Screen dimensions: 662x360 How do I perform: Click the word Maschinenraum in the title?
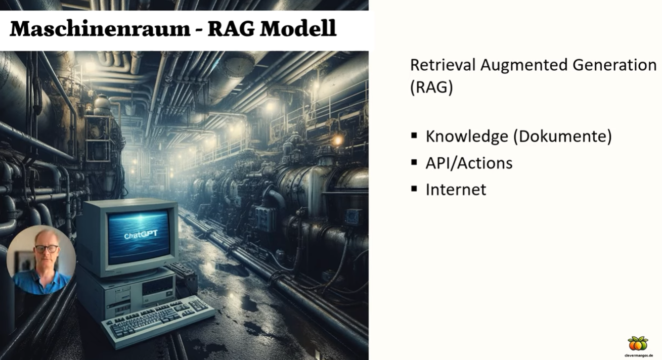pos(100,29)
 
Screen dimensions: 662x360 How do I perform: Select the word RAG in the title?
pos(231,29)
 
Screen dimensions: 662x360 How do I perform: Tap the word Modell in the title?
pos(298,29)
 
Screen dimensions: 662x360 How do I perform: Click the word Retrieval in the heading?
pos(443,65)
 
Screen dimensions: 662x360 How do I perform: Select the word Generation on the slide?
pos(614,65)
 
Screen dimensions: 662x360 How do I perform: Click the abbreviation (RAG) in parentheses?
pos(431,87)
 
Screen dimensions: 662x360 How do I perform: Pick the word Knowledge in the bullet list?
pos(467,137)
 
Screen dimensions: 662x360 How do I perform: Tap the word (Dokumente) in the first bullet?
pos(563,137)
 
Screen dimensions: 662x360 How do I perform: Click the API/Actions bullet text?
pos(469,163)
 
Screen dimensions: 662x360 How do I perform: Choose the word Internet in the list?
pos(456,190)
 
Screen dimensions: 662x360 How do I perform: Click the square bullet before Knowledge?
pos(414,136)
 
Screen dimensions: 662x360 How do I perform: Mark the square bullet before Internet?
pos(414,189)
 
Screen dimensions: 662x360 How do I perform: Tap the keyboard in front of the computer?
pos(158,321)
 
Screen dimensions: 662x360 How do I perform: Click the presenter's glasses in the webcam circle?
pos(47,249)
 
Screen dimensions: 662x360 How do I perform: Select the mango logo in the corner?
pos(638,343)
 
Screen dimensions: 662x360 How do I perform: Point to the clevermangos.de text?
pos(638,355)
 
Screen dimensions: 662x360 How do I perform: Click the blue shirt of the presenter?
pos(42,283)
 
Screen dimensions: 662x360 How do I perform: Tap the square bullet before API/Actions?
pos(414,162)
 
